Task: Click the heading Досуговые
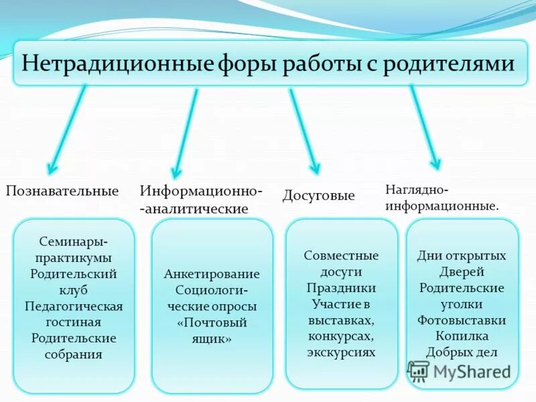[x=318, y=196]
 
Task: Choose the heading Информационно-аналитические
[x=201, y=200]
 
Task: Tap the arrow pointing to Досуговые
[x=304, y=131]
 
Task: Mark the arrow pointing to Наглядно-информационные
[x=425, y=127]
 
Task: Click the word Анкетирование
[x=212, y=274]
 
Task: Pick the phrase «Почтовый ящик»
[x=212, y=330]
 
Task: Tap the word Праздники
[x=341, y=287]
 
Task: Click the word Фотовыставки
[x=462, y=320]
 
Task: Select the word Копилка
[x=462, y=336]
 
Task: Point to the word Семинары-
[x=74, y=241]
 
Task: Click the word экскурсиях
[x=341, y=352]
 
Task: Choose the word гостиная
[x=74, y=322]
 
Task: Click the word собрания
[x=74, y=354]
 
